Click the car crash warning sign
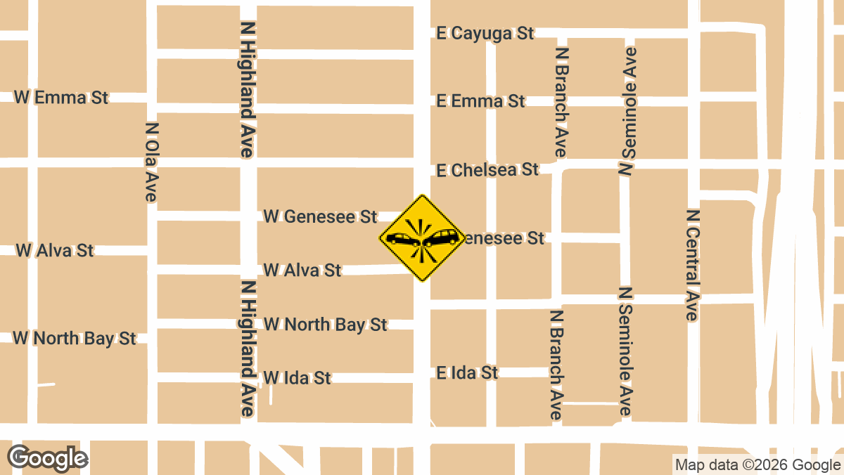(422, 238)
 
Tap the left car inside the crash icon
(403, 239)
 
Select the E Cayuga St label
(485, 33)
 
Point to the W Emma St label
(61, 98)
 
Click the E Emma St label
(480, 101)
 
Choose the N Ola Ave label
(151, 162)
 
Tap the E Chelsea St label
(487, 170)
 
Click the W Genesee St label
(320, 216)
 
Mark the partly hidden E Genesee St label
(504, 239)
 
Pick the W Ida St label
(297, 378)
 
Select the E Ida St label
(467, 372)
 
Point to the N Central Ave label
(693, 265)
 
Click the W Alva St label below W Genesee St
(302, 270)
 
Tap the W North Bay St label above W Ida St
(325, 325)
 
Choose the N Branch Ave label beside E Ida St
(556, 365)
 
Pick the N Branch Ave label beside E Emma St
(561, 103)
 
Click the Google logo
(48, 458)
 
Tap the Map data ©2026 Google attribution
(757, 464)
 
